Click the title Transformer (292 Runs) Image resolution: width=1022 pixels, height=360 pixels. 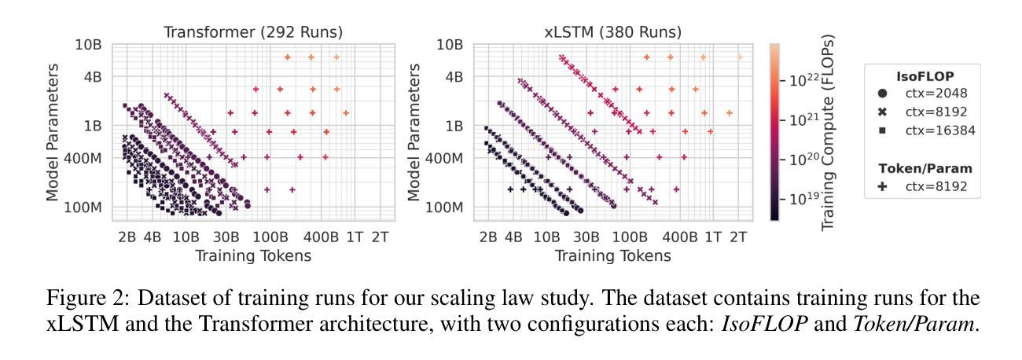[x=254, y=32]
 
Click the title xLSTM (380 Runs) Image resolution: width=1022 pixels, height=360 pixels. [x=613, y=32]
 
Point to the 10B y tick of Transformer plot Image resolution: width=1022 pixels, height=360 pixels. [x=90, y=44]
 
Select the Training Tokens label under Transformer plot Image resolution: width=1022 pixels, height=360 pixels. [x=253, y=255]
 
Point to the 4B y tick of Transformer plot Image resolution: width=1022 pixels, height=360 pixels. [x=93, y=77]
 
